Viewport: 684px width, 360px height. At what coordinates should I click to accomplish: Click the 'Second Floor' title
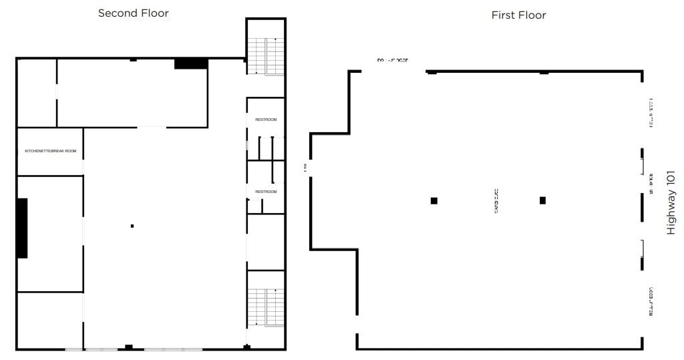click(133, 13)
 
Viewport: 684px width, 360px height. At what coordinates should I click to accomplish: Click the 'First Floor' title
click(518, 15)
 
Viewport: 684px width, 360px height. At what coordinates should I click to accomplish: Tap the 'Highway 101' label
click(671, 202)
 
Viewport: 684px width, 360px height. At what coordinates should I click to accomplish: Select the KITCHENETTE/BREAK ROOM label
click(51, 151)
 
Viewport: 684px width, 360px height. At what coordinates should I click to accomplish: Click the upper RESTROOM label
click(266, 120)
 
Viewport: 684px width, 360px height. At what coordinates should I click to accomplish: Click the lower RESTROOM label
click(266, 192)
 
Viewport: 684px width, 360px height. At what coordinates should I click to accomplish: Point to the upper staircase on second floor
click(266, 56)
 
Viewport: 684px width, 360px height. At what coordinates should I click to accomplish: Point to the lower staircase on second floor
click(266, 307)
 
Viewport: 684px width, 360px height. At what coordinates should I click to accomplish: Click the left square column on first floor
click(434, 200)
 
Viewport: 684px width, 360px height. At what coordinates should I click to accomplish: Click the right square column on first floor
click(542, 200)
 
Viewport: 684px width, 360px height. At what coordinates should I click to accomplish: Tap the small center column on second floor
click(132, 226)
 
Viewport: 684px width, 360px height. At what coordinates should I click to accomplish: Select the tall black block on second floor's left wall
click(22, 228)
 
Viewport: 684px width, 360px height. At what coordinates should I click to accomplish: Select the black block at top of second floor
click(191, 63)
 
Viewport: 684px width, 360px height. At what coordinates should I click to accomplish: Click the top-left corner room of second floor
click(37, 93)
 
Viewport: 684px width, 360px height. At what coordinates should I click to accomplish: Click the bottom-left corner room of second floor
click(50, 320)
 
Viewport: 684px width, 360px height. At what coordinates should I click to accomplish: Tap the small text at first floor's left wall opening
click(306, 167)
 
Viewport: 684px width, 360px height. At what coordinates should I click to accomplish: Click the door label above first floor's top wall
click(392, 60)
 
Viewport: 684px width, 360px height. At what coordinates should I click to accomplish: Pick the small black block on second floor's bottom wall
click(129, 347)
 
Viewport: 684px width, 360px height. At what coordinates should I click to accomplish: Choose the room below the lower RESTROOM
click(266, 241)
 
